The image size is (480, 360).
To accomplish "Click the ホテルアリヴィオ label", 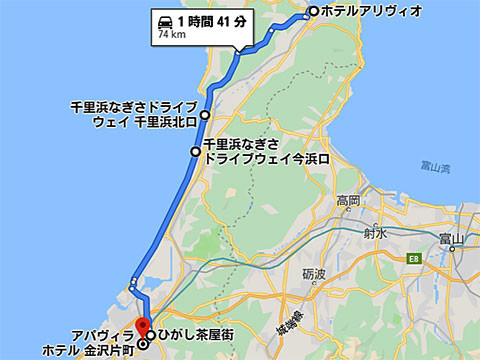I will [x=372, y=11].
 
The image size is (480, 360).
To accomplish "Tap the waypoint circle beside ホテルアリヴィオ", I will [x=314, y=11].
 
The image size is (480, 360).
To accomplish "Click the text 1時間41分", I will [x=210, y=20].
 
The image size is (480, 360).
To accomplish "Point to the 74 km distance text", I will [x=171, y=35].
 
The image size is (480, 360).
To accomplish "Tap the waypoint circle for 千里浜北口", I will [x=206, y=115].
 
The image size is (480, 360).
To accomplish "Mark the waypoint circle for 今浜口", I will [x=196, y=152].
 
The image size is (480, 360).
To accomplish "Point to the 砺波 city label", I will [x=315, y=274].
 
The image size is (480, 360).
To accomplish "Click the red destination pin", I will [x=142, y=326].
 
